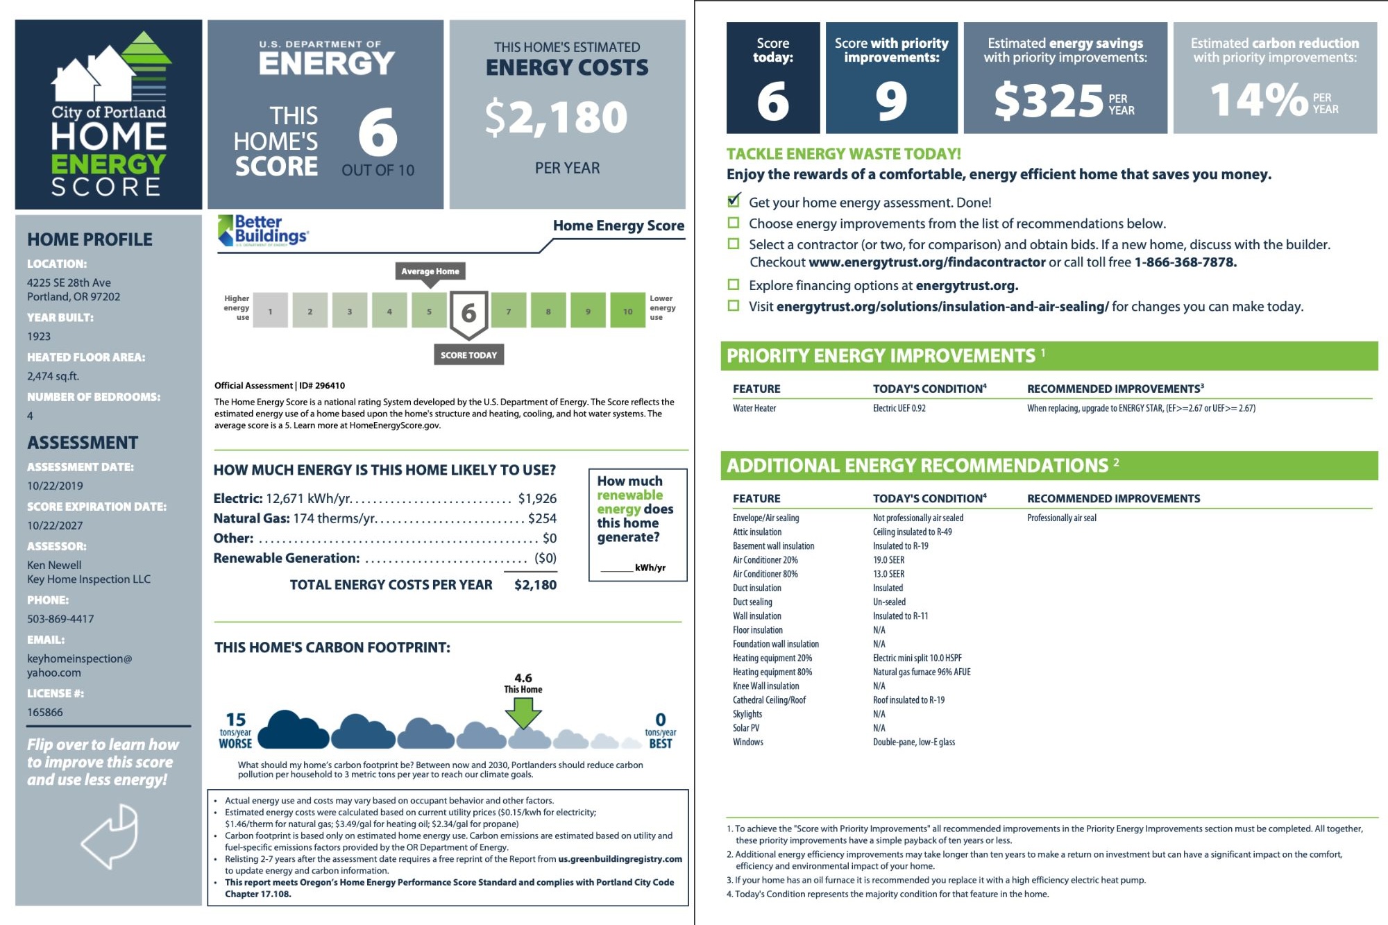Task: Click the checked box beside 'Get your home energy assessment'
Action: click(734, 201)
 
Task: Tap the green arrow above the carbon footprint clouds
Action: click(523, 712)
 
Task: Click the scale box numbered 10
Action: click(627, 312)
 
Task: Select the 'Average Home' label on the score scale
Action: click(430, 271)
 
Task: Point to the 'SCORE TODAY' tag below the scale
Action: click(468, 355)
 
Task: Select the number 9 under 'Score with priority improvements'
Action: click(891, 101)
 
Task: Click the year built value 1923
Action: click(39, 337)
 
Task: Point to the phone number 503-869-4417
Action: click(60, 619)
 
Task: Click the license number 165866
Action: click(45, 713)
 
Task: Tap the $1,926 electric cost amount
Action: click(537, 498)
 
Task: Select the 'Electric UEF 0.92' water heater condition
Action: click(899, 408)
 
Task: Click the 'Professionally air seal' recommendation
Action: click(1061, 518)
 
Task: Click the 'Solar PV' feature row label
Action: click(746, 728)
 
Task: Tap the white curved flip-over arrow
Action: click(110, 836)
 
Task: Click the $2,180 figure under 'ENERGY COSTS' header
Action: click(557, 117)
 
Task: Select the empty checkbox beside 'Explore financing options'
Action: click(734, 285)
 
